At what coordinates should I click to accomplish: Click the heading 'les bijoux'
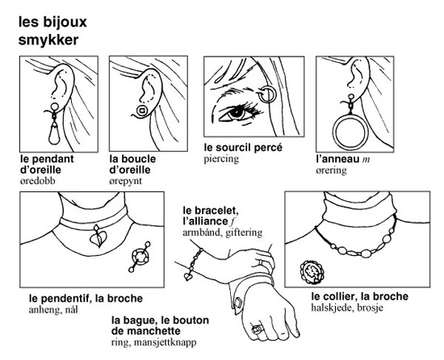(x=52, y=22)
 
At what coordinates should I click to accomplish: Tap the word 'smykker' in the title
(x=48, y=40)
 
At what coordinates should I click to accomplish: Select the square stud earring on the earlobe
(x=142, y=110)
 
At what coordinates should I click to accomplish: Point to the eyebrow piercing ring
(x=267, y=94)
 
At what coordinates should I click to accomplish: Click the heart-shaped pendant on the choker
(x=98, y=237)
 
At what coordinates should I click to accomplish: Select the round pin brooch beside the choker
(x=140, y=257)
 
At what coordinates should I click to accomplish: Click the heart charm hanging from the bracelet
(x=188, y=276)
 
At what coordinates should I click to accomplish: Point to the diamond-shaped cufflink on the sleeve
(x=238, y=302)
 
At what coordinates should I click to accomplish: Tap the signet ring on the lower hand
(x=258, y=329)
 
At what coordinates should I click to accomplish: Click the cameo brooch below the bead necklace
(x=312, y=271)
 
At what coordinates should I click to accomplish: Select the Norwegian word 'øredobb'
(x=38, y=181)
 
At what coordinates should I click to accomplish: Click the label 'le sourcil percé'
(x=243, y=148)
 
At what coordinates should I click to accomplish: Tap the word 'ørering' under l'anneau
(x=331, y=170)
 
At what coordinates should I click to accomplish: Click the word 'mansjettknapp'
(x=165, y=343)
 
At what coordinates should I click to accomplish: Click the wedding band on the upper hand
(x=262, y=262)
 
